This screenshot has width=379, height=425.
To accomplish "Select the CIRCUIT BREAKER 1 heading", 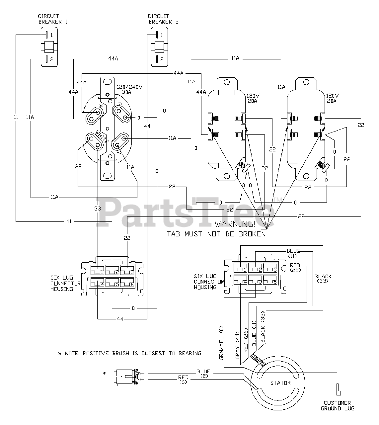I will point(49,19).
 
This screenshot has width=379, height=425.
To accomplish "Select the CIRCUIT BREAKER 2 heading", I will point(159,19).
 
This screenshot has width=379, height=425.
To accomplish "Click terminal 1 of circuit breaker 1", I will point(49,35).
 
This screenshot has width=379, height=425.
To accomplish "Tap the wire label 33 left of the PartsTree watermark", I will point(97,209).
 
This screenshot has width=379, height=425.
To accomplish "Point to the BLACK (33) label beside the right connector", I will point(323,278).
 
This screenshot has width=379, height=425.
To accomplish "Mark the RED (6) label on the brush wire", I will point(183,380).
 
